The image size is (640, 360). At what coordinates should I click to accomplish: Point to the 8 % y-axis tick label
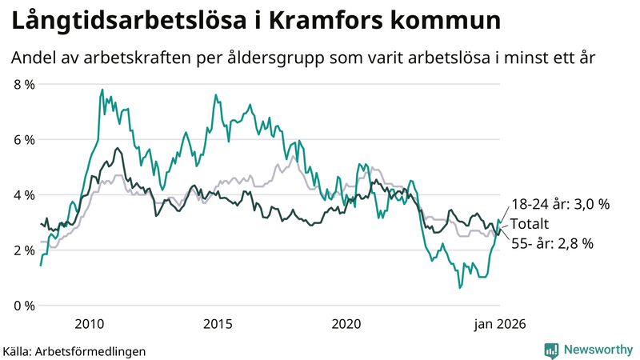pos(24,84)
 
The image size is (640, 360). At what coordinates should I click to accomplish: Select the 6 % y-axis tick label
pos(24,139)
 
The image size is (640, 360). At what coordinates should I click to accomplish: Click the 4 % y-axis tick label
pos(24,195)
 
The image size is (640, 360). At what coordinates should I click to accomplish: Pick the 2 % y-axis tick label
pos(24,250)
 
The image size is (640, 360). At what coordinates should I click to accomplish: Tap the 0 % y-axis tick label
pos(24,306)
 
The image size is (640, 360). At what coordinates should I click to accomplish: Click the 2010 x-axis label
pos(90,324)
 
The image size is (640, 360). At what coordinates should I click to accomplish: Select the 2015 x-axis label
pos(218,324)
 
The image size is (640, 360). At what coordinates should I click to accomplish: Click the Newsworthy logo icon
pos(551,350)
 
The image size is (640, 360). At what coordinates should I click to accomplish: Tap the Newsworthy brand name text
pos(598,350)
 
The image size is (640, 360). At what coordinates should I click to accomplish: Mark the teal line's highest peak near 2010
pos(102,90)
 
